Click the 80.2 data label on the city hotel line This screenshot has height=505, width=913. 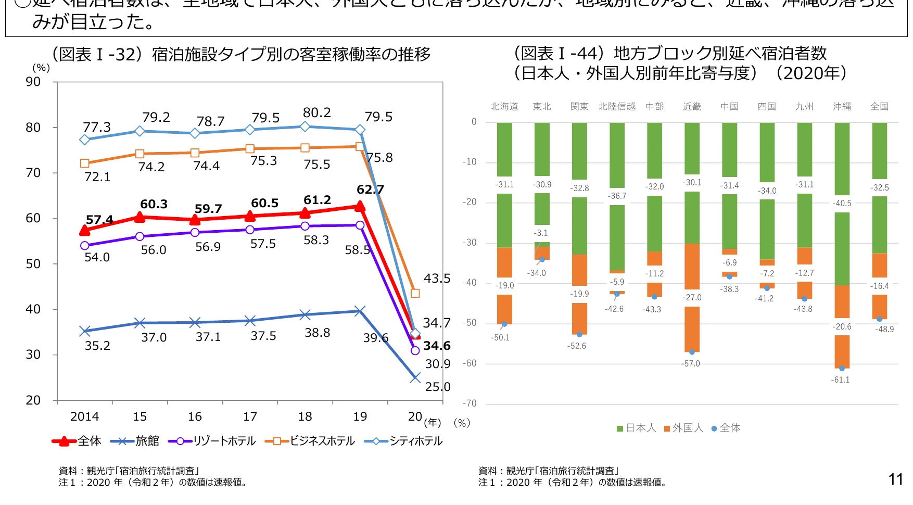(x=316, y=113)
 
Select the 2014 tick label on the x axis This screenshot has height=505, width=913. (x=84, y=416)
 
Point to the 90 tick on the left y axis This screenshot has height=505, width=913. (x=33, y=82)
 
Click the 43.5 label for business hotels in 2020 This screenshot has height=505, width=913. (x=437, y=279)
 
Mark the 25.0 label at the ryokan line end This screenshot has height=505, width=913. (x=437, y=387)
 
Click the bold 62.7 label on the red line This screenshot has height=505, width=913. (x=370, y=190)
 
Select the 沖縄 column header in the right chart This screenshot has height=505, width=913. (x=842, y=107)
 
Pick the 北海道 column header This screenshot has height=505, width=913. (x=504, y=107)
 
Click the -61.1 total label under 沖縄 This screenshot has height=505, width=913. (x=840, y=380)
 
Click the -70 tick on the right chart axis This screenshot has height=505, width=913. (x=470, y=403)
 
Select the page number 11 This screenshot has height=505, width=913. (x=895, y=479)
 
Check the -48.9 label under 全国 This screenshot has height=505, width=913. (x=884, y=330)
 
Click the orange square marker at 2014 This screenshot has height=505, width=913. (x=85, y=163)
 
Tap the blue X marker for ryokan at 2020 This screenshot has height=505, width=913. (x=415, y=378)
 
